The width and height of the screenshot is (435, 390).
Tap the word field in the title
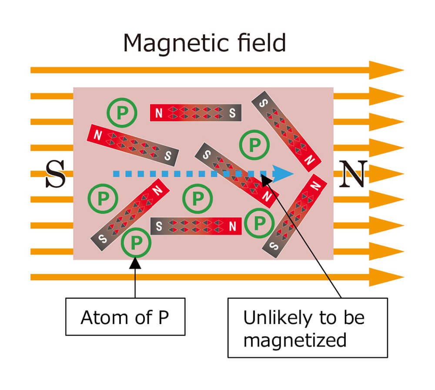tap(261, 43)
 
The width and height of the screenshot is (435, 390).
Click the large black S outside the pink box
tap(56, 174)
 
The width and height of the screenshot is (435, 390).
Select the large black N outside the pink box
tap(353, 174)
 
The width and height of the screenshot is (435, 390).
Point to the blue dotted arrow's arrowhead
tap(283, 174)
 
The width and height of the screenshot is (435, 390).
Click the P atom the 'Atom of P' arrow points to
tap(136, 242)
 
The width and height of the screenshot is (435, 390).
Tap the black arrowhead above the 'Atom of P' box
tap(135, 263)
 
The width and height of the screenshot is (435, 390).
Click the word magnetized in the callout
tap(295, 340)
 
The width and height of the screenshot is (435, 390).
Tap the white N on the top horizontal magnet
tap(159, 113)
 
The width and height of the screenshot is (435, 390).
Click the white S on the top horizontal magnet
tap(232, 113)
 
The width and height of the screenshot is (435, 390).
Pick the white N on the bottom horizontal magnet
tap(232, 226)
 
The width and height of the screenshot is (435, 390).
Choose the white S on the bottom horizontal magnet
tap(159, 226)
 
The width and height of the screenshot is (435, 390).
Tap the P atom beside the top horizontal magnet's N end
tap(122, 113)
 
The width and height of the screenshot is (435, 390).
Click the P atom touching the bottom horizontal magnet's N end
tap(260, 223)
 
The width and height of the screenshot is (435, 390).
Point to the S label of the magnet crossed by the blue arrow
tap(207, 155)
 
